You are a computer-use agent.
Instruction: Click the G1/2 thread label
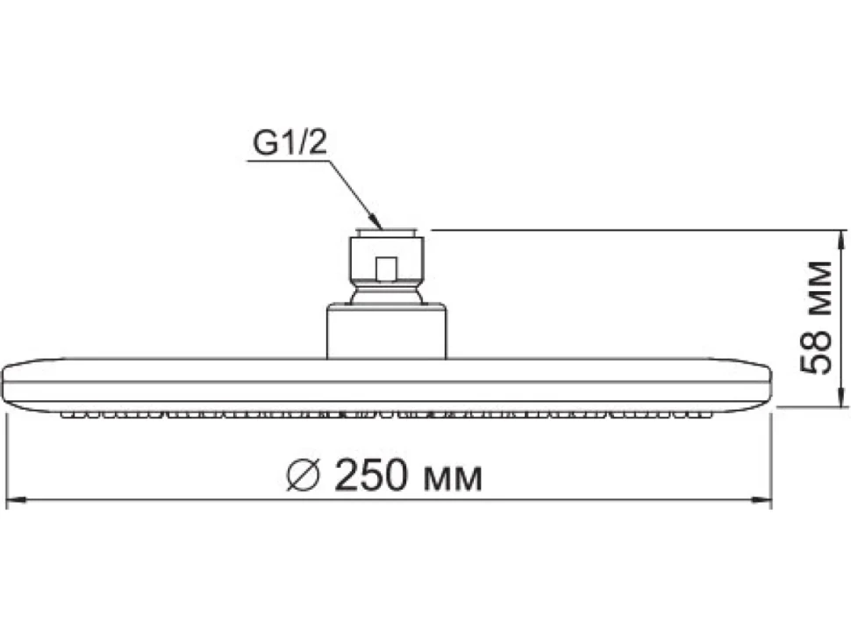(x=290, y=143)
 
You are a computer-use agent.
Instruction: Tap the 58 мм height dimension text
(x=816, y=318)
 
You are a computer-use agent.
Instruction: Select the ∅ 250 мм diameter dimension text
(x=384, y=476)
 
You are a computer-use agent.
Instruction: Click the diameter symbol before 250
(x=304, y=476)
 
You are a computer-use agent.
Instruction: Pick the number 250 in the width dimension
(x=370, y=476)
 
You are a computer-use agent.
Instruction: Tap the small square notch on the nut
(x=386, y=268)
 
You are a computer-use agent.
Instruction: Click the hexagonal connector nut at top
(x=386, y=259)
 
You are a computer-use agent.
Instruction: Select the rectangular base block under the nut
(x=386, y=332)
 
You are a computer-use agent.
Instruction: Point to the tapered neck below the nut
(x=386, y=297)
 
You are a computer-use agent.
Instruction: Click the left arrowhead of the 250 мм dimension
(x=17, y=499)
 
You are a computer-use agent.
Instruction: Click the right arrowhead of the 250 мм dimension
(x=761, y=499)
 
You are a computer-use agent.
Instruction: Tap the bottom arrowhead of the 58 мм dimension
(x=840, y=396)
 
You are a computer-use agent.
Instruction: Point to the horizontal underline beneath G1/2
(x=288, y=161)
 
